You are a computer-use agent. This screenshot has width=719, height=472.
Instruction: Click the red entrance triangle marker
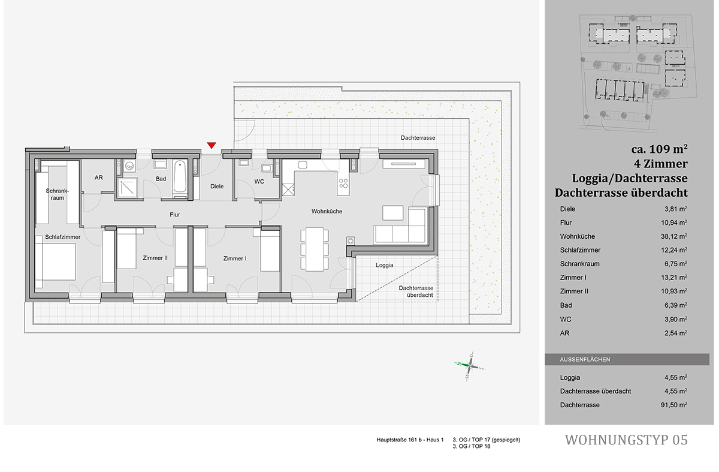coord(211,145)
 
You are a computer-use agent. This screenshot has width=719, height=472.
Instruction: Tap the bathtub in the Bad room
coord(180,178)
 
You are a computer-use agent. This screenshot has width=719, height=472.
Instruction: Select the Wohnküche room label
coord(326,211)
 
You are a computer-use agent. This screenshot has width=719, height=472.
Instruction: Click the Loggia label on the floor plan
coord(384,264)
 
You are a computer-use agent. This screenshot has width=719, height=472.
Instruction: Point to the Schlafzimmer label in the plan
coord(62,237)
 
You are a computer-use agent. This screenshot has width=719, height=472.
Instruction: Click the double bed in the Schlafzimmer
coord(56,267)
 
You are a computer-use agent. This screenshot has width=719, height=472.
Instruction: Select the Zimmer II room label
coord(155,258)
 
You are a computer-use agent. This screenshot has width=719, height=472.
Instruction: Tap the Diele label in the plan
coord(217,187)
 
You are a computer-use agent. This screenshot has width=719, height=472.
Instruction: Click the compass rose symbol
coord(469,365)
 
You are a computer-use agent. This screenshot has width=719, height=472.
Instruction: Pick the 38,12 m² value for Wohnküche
coord(675,236)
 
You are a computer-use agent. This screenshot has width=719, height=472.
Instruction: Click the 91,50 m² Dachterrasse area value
coord(675,405)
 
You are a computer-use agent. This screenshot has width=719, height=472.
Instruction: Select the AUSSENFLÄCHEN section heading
coord(585,360)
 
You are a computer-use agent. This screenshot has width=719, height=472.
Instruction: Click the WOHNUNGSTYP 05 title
coord(626,440)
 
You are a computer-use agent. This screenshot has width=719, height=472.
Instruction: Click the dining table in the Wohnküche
coord(315,249)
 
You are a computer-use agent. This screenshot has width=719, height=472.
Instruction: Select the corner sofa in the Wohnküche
coord(401,228)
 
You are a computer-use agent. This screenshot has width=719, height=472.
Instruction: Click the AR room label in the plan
coord(99,178)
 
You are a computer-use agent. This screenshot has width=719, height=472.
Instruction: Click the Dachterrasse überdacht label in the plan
coord(416,291)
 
